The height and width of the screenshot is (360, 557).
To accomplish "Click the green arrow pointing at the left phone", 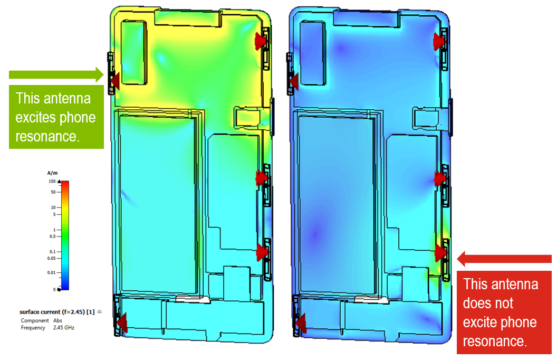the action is (56, 74).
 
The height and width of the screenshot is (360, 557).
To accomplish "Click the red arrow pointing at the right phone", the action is (504, 259).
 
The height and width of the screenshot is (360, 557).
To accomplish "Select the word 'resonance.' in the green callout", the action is (47, 137).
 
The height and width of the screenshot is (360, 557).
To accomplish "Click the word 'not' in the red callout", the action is (503, 303).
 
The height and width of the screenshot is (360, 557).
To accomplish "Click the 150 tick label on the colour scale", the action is (52, 181).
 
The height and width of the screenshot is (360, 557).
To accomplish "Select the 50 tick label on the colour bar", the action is (53, 192).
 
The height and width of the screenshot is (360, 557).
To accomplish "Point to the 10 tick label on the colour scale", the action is (53, 207).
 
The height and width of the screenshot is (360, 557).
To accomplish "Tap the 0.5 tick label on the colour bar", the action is (53, 236).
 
